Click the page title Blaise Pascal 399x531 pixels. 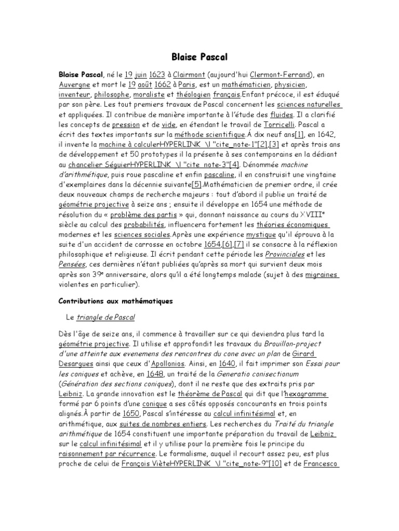[x=199, y=56]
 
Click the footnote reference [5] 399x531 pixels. [x=197, y=185]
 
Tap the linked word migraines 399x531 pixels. [x=323, y=275]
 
